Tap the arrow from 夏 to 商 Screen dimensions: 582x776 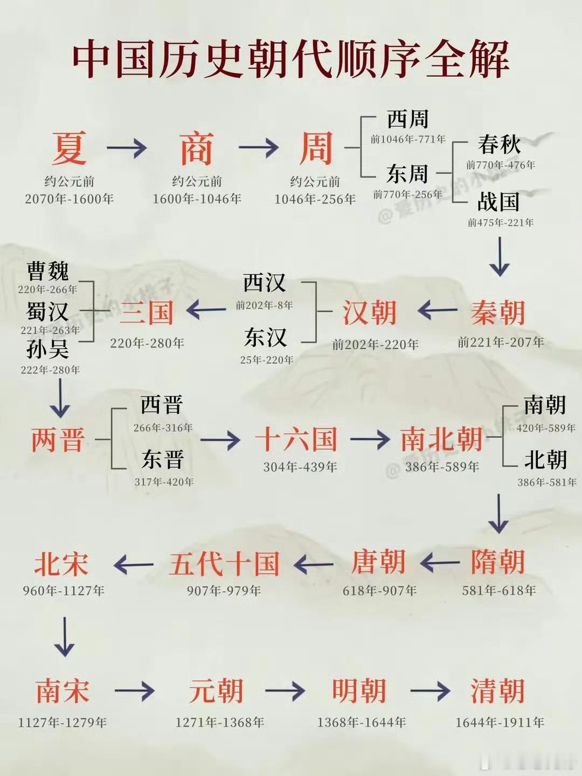[127, 147]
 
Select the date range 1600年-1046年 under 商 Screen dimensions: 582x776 [197, 199]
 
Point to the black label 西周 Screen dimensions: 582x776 [407, 119]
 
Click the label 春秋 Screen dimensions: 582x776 [499, 144]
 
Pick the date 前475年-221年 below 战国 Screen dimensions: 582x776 [501, 223]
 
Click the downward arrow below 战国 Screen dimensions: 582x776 [500, 257]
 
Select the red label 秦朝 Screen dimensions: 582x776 [497, 313]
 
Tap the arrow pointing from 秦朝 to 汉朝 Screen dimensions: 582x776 [437, 310]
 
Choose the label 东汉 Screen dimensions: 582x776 [265, 338]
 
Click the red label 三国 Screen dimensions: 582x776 [147, 313]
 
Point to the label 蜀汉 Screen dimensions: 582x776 [47, 312]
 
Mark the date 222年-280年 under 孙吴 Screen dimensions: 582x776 [50, 370]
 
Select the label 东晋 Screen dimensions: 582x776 [163, 460]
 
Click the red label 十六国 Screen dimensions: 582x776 [296, 439]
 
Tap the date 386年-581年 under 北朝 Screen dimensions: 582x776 [547, 482]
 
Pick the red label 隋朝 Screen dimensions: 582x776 [497, 563]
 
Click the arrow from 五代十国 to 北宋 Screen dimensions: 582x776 [134, 565]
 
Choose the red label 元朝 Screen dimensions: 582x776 [216, 691]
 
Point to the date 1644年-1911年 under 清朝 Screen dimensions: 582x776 [500, 723]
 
